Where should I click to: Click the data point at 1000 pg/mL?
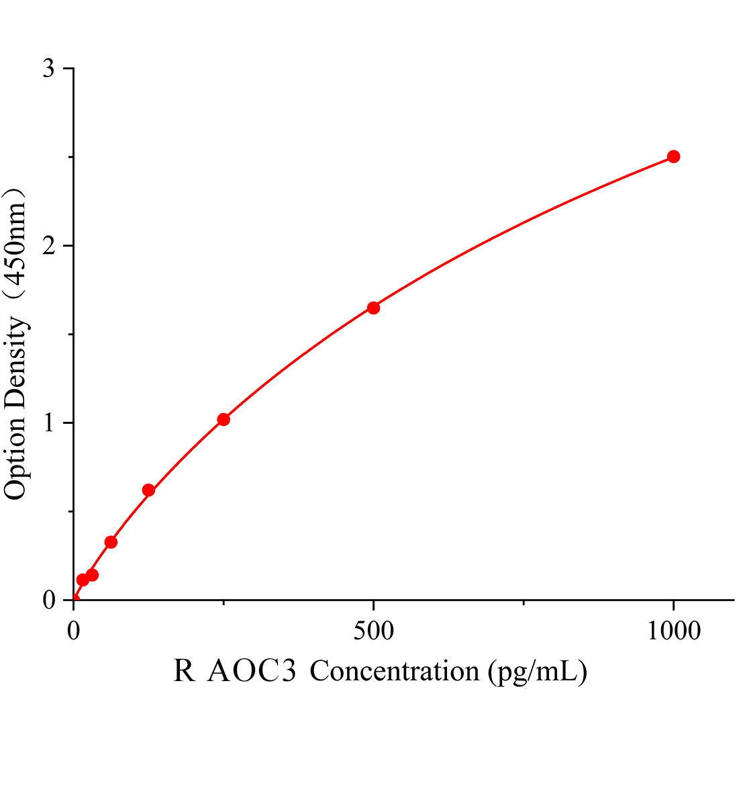[x=673, y=156]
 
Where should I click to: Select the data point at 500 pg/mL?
[x=373, y=308]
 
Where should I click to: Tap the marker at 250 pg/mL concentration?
[x=224, y=419]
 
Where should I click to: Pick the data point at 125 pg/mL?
[x=148, y=490]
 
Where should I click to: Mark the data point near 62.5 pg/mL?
[x=111, y=542]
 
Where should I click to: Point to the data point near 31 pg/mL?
[x=92, y=575]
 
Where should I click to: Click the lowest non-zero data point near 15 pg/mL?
[x=83, y=580]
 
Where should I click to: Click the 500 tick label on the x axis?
[x=373, y=631]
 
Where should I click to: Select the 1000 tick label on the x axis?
[x=673, y=631]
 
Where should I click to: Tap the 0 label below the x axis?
[x=74, y=631]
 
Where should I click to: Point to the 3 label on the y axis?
[x=48, y=69]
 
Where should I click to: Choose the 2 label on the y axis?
[x=48, y=246]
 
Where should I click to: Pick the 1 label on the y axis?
[x=48, y=423]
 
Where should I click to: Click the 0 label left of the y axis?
[x=48, y=600]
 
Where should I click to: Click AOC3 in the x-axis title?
[x=252, y=671]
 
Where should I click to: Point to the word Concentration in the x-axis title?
[x=395, y=671]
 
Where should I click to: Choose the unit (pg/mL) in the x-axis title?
[x=538, y=671]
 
